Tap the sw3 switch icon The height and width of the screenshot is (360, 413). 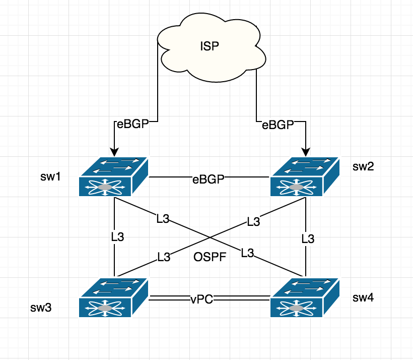(x=113, y=297)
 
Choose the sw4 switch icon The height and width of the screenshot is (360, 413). (x=304, y=297)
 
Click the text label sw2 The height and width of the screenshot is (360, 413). (x=362, y=166)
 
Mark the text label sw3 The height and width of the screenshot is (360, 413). (x=41, y=307)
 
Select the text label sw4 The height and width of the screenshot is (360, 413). (x=363, y=297)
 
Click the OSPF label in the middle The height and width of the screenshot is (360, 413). (x=208, y=258)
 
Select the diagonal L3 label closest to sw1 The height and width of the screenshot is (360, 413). (x=163, y=218)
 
